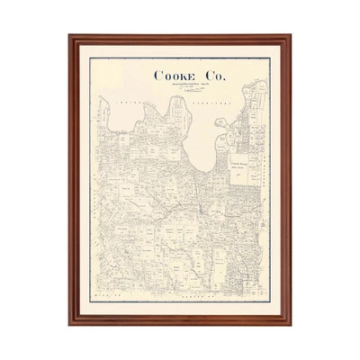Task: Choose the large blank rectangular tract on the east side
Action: [239, 167]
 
